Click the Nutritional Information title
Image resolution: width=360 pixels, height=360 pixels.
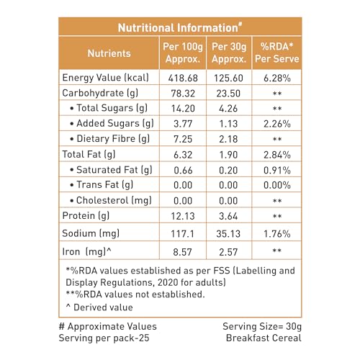pyautogui.click(x=180, y=27)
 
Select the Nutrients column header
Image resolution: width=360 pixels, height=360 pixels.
pyautogui.click(x=109, y=53)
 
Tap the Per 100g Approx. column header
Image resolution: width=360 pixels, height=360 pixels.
pyautogui.click(x=183, y=53)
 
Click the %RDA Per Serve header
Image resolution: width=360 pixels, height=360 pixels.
pyautogui.click(x=277, y=53)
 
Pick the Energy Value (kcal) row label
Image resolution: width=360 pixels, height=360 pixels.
pyautogui.click(x=106, y=78)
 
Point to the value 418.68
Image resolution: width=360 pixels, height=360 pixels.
pyautogui.click(x=183, y=78)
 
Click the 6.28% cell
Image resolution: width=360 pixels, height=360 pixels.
pyautogui.click(x=277, y=78)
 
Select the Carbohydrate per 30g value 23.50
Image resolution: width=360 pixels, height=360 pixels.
pyautogui.click(x=228, y=94)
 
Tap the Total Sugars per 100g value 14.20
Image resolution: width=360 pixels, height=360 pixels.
pyautogui.click(x=183, y=109)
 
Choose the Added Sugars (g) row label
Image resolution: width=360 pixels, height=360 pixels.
pyautogui.click(x=112, y=124)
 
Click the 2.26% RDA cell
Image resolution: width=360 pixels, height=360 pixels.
pyautogui.click(x=277, y=124)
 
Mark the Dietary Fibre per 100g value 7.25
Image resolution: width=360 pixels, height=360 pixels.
pyautogui.click(x=183, y=139)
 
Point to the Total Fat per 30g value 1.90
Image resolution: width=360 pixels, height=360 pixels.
pyautogui.click(x=228, y=155)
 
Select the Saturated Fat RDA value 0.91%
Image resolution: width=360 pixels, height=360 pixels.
pyautogui.click(x=277, y=170)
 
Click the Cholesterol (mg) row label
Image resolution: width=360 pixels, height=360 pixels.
pyautogui.click(x=111, y=200)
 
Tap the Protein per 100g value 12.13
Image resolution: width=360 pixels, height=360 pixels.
pyautogui.click(x=183, y=216)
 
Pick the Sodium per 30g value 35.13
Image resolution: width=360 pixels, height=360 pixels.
pyautogui.click(x=228, y=234)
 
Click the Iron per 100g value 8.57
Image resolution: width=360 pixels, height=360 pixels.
pyautogui.click(x=182, y=252)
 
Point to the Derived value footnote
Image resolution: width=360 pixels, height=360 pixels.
pyautogui.click(x=99, y=307)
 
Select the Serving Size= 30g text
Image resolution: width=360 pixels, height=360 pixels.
pyautogui.click(x=262, y=326)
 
